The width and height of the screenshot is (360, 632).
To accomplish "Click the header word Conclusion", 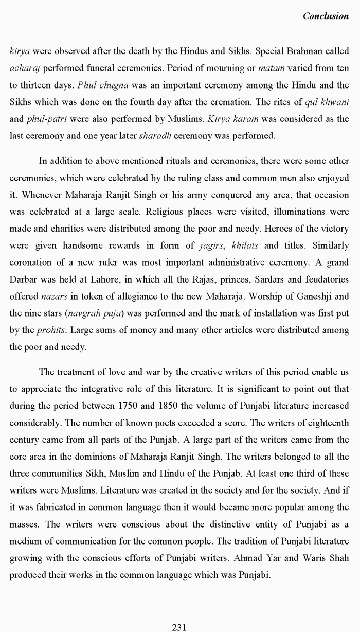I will [x=326, y=16].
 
